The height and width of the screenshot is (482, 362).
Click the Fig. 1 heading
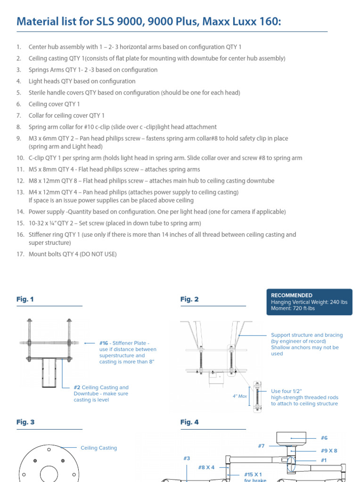coord(25,299)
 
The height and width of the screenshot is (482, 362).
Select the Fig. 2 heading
coord(189,299)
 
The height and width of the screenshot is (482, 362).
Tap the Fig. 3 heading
coord(25,422)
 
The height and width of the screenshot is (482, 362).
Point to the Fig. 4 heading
coord(189,422)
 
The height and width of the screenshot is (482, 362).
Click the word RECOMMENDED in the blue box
coord(291,295)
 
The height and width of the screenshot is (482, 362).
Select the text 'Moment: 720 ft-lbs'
coord(293,308)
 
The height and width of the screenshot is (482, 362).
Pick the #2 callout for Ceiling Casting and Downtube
coord(77,387)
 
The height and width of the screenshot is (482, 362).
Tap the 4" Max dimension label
coord(240,396)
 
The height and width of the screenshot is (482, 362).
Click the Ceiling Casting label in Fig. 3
coord(99,448)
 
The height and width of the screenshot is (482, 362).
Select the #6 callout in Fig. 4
coord(324,438)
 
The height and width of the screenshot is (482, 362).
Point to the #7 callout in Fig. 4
coord(261,446)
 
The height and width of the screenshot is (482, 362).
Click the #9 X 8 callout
coord(329,450)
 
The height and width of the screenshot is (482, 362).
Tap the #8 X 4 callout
coord(206,467)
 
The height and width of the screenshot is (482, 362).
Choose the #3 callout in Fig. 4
coord(187,458)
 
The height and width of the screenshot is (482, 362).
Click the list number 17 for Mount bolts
coord(19,254)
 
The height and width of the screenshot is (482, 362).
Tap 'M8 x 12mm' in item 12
coord(45,181)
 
